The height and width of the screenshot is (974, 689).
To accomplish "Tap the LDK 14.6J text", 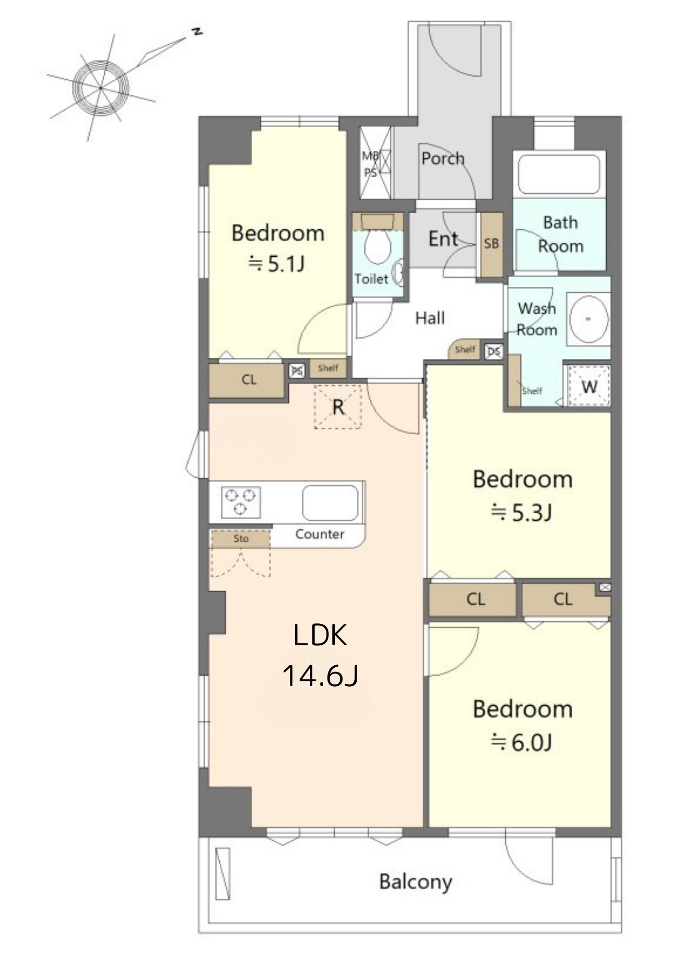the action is [321, 656].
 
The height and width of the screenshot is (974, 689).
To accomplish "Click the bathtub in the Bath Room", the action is [559, 174].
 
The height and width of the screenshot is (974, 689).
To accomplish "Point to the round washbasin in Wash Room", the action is [589, 318].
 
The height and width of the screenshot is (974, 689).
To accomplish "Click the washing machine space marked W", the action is [590, 386].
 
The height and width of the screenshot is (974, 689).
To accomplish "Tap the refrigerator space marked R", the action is [338, 406].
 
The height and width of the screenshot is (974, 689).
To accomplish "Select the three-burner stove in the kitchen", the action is [240, 502].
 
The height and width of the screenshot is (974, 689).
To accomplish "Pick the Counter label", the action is [320, 534].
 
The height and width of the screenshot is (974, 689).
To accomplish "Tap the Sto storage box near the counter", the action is [241, 539].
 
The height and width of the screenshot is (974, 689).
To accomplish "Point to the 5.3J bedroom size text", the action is [521, 512].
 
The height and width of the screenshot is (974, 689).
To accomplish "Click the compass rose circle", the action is [101, 88].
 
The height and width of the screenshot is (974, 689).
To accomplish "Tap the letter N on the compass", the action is [196, 32].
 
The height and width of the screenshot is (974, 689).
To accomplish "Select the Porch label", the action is [442, 159].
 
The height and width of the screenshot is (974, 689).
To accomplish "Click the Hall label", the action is [430, 318].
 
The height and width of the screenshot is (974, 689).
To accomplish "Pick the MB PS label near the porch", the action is [370, 164].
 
